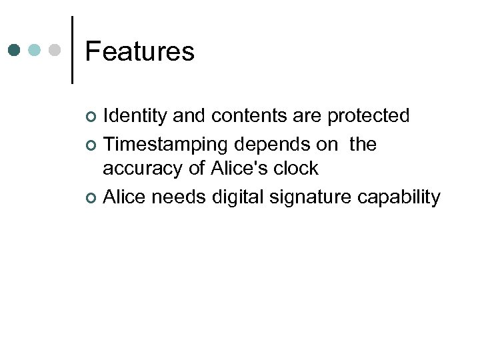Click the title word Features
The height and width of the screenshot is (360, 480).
tap(139, 51)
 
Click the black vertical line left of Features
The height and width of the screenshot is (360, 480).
tap(72, 50)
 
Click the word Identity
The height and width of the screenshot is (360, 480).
tap(135, 116)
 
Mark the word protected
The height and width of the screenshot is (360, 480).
tap(368, 116)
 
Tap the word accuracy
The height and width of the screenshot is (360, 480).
tap(143, 169)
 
